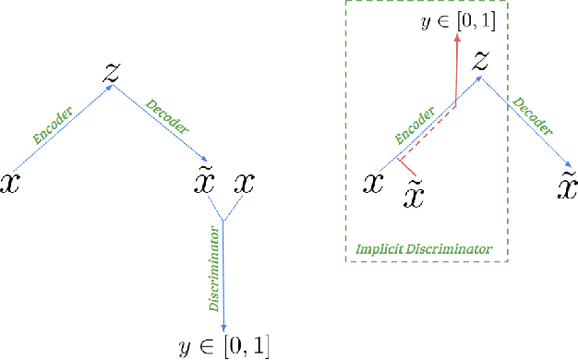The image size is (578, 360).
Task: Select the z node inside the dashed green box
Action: [x=480, y=61]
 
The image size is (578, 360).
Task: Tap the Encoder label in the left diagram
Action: [x=54, y=126]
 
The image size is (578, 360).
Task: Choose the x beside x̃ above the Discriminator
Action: [x=245, y=183]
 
